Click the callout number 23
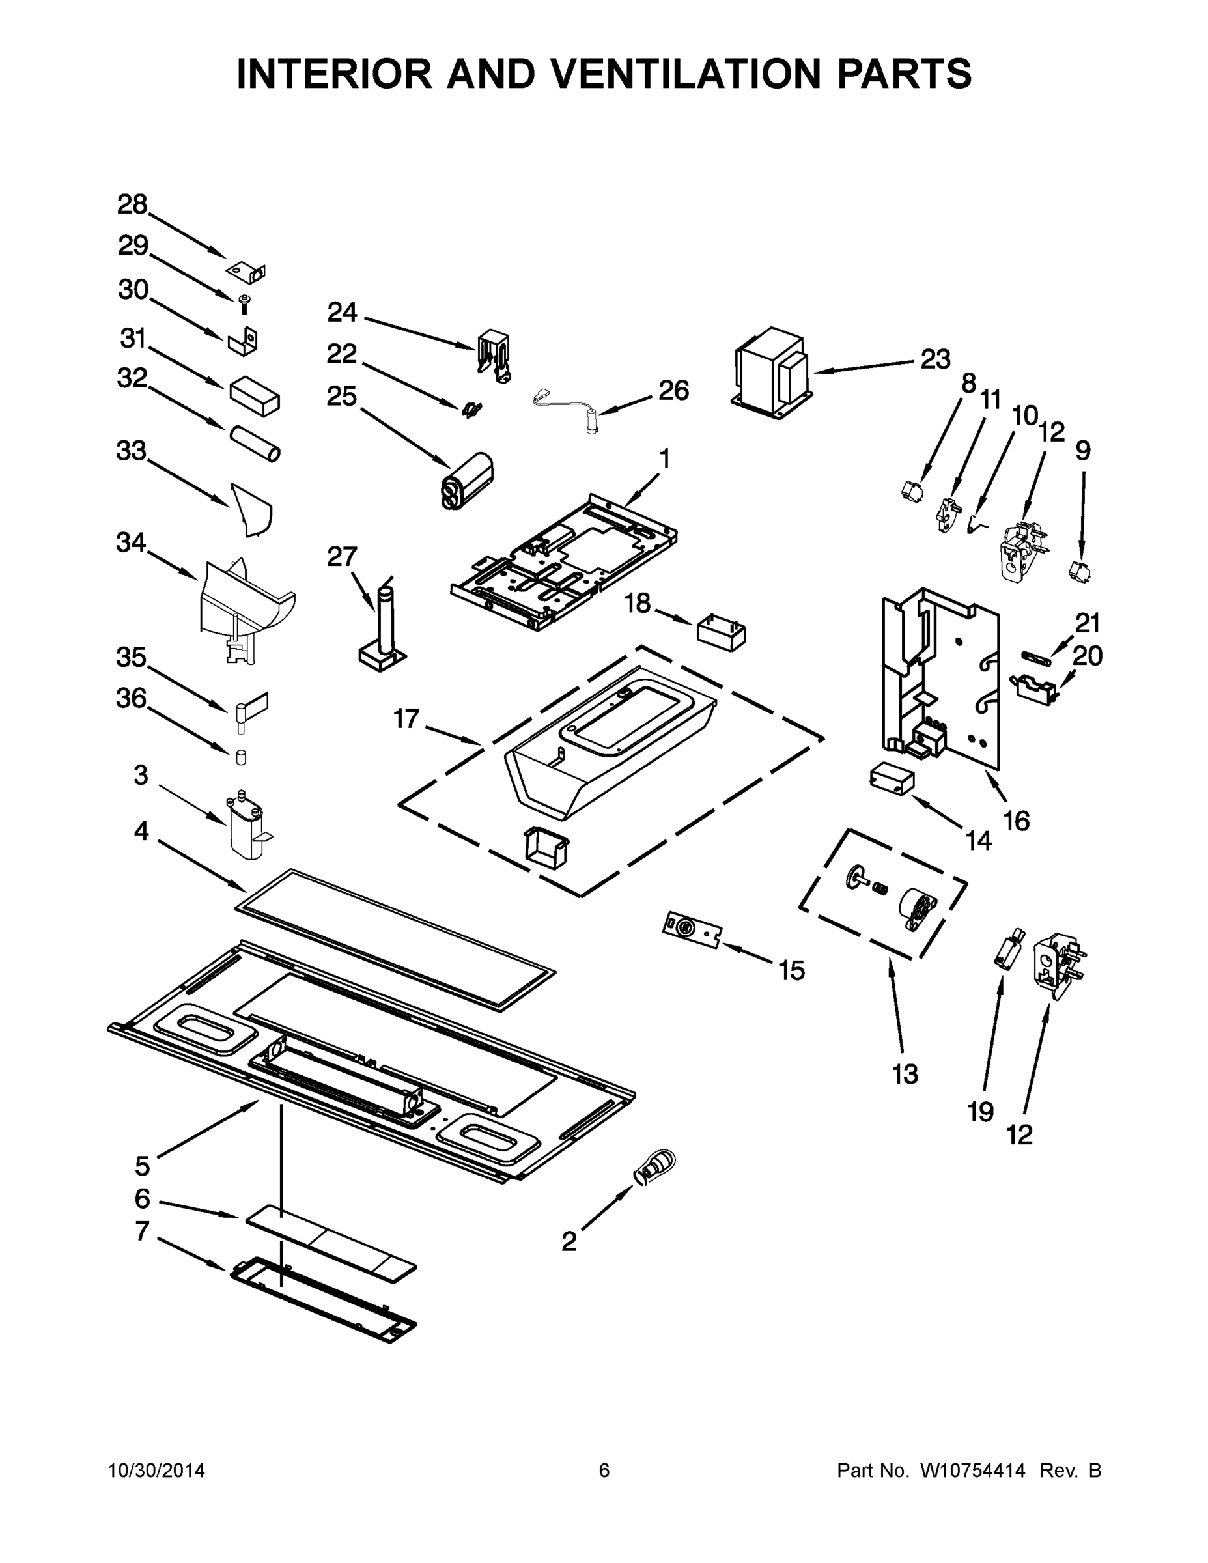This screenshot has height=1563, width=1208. point(934,359)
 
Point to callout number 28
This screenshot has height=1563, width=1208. point(132,204)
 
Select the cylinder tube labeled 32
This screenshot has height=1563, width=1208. point(255,444)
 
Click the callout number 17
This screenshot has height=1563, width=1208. point(406,718)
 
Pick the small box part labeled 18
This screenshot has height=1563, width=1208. point(721,632)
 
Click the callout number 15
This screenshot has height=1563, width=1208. point(791,970)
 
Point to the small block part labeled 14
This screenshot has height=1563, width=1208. point(892,779)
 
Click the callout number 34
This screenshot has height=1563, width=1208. point(131,543)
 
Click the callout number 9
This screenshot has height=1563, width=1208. point(1083,451)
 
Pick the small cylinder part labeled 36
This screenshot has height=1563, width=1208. point(241,757)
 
